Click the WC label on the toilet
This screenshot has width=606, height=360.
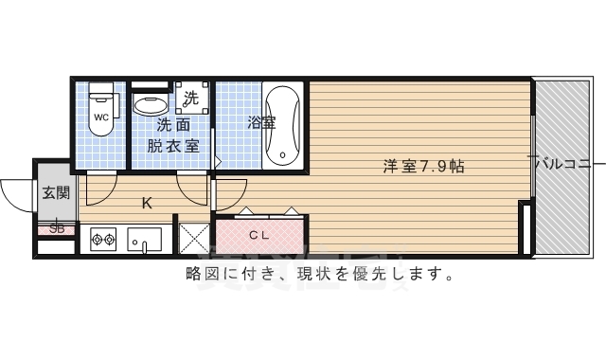coord(101,117)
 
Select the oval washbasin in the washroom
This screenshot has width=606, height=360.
coord(151,105)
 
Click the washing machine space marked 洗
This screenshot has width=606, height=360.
coord(191,98)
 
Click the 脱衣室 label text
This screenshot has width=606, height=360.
coord(173,146)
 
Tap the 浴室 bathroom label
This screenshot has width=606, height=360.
coord(261,123)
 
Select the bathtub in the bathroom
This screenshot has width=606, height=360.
coord(283,125)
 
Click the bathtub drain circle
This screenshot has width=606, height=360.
coord(282,155)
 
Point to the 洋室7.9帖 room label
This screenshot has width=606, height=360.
coord(423,167)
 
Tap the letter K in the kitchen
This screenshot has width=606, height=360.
coord(147,203)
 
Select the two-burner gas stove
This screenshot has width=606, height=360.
coord(103,240)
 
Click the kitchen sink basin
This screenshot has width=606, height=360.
coord(145,240)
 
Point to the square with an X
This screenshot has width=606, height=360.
coord(194,238)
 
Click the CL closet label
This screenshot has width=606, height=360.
coord(258,235)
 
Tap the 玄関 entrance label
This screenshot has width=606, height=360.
coord(57,192)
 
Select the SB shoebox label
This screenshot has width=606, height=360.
coord(57,228)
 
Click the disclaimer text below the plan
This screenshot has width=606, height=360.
coord(319,274)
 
